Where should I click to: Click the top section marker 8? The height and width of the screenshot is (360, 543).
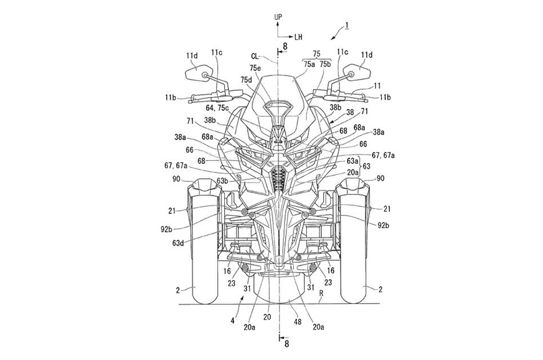[285, 45]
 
